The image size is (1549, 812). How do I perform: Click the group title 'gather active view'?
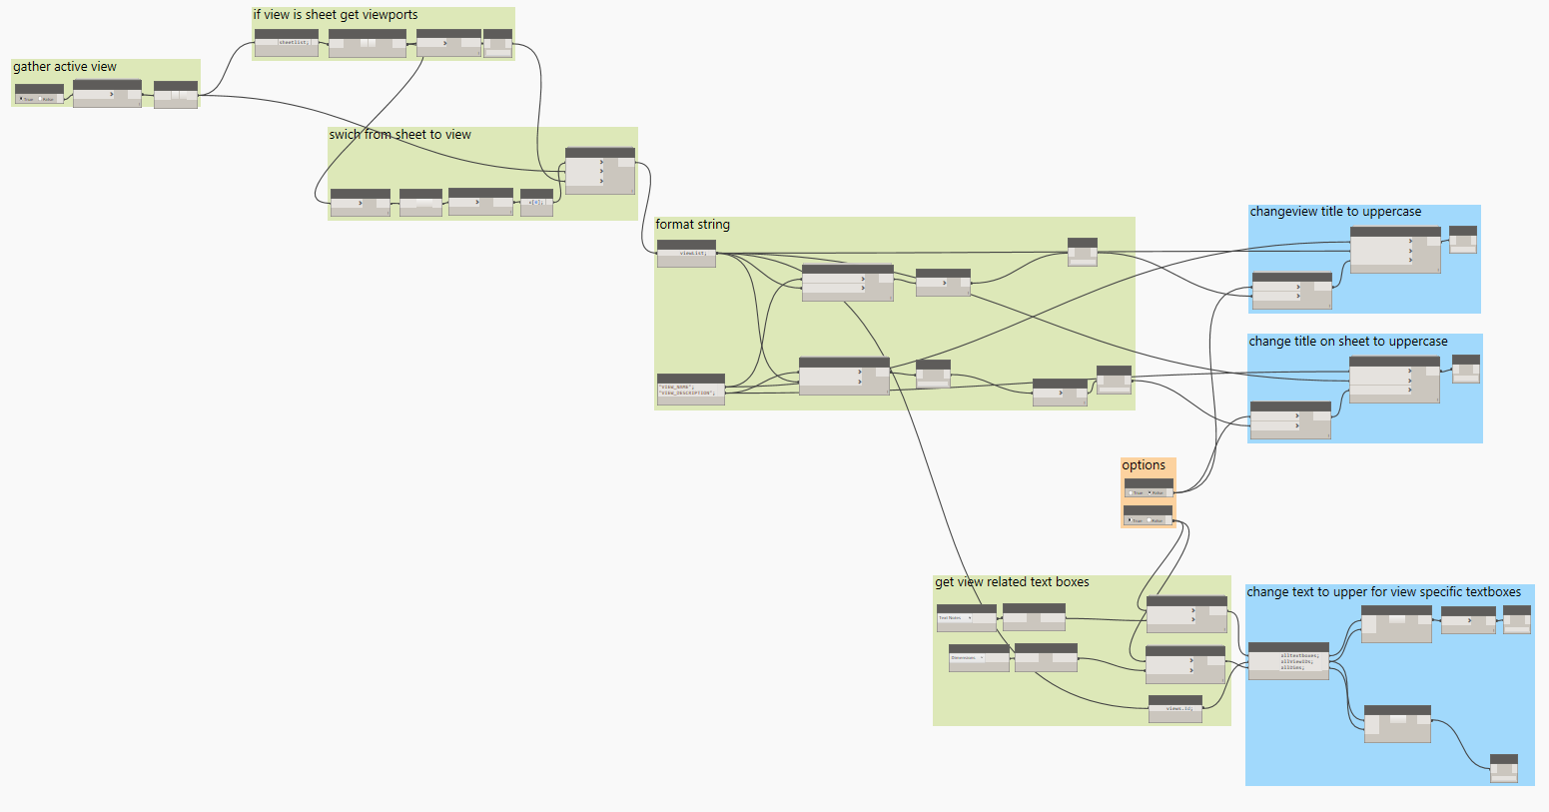pos(65,67)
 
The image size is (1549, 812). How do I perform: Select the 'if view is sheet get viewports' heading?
pos(336,15)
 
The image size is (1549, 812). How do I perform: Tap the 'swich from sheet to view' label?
pos(400,135)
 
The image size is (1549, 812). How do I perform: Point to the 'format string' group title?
pos(692,225)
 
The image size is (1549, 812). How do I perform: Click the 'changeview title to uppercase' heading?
pos(1335,212)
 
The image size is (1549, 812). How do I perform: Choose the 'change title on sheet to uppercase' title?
pos(1347,342)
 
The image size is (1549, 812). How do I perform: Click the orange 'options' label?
pos(1144,465)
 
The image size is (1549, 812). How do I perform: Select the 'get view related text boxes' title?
pos(1012,582)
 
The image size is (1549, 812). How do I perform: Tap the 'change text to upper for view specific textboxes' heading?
pos(1383,592)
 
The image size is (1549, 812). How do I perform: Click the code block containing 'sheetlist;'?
pos(287,42)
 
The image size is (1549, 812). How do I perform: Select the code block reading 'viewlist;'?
pos(686,253)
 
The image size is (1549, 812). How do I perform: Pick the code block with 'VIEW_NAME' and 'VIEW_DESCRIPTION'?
pos(690,390)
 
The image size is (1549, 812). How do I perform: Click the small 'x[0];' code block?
pos(536,202)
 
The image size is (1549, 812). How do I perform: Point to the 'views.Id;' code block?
pos(1175,708)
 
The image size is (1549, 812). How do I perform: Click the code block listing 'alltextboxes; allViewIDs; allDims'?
pos(1288,661)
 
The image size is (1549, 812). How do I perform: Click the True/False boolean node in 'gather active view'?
pos(39,98)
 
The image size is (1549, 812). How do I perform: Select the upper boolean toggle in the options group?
pos(1149,492)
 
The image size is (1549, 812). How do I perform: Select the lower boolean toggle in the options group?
pos(1148,519)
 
